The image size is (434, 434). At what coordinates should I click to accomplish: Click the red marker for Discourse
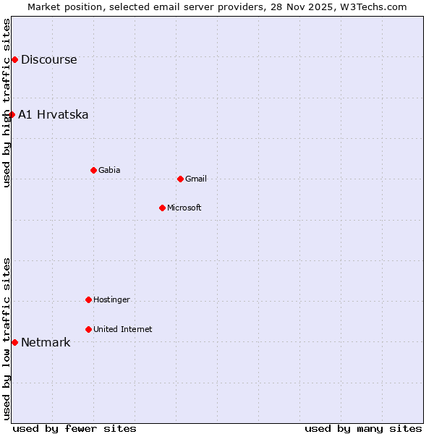click(14, 59)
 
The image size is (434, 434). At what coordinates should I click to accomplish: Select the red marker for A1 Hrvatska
click(12, 114)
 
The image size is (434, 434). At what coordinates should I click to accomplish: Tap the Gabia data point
click(93, 170)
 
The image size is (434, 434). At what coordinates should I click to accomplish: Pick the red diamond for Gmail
click(180, 179)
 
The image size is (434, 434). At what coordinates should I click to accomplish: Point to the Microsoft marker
click(162, 208)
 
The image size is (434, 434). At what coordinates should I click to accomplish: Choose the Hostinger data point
click(88, 299)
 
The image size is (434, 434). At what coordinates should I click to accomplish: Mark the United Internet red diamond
click(88, 329)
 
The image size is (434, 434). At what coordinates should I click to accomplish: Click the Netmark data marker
click(14, 342)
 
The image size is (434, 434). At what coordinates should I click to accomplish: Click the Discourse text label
click(48, 60)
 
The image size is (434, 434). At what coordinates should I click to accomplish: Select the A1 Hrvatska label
click(53, 115)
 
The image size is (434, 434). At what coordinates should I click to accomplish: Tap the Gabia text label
click(109, 171)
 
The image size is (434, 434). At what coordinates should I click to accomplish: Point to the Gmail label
click(196, 179)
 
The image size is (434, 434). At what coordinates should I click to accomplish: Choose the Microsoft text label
click(184, 208)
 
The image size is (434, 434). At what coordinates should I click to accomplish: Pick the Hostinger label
click(111, 300)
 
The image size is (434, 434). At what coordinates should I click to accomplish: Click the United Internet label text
click(122, 330)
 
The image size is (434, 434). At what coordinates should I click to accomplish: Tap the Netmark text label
click(46, 343)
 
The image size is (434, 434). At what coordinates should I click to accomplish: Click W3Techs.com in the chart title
click(375, 7)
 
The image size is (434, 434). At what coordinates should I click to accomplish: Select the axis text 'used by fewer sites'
click(75, 428)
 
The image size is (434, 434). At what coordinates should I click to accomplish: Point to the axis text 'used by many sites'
click(363, 428)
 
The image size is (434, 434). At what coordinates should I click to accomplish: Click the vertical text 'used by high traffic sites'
click(7, 103)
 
